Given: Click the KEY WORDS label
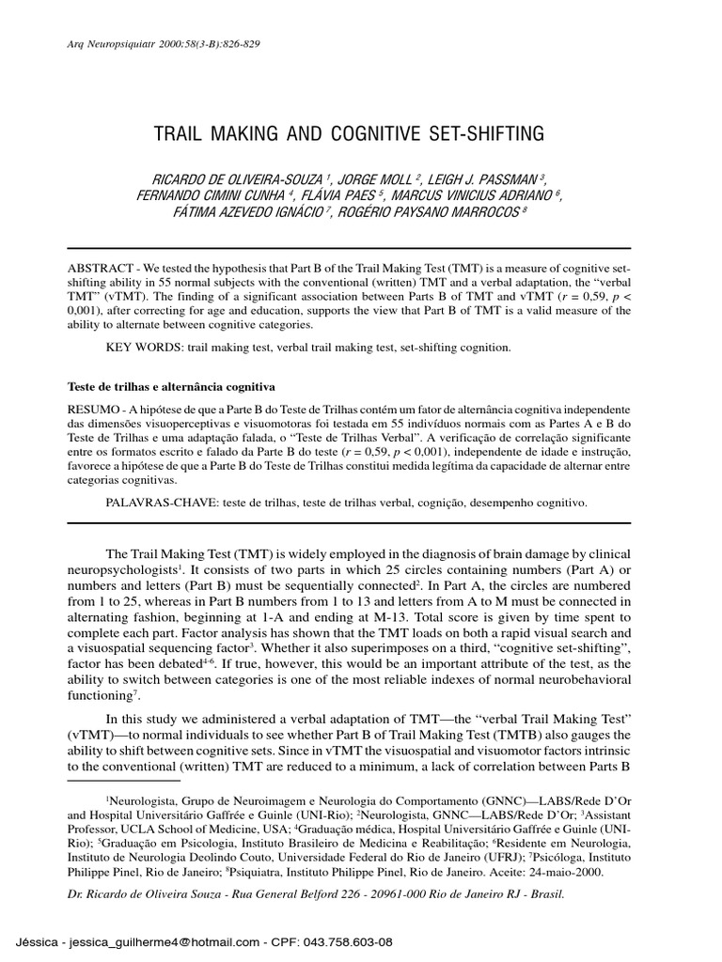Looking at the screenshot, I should click(144, 348).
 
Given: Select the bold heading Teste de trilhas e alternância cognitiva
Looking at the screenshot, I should click(171, 386).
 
